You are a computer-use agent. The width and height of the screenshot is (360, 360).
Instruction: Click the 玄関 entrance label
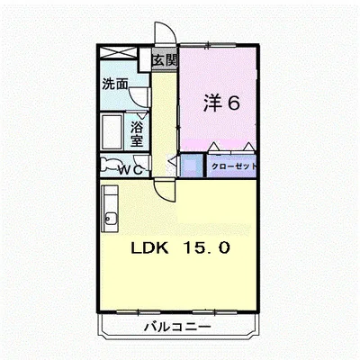[164, 61]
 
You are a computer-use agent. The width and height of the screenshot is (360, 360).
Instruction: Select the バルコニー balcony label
[177, 327]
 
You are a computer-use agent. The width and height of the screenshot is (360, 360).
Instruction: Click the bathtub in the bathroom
[112, 133]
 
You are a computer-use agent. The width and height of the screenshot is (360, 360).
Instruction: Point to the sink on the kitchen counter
[109, 217]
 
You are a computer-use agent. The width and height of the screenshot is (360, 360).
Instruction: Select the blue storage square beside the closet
[192, 166]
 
